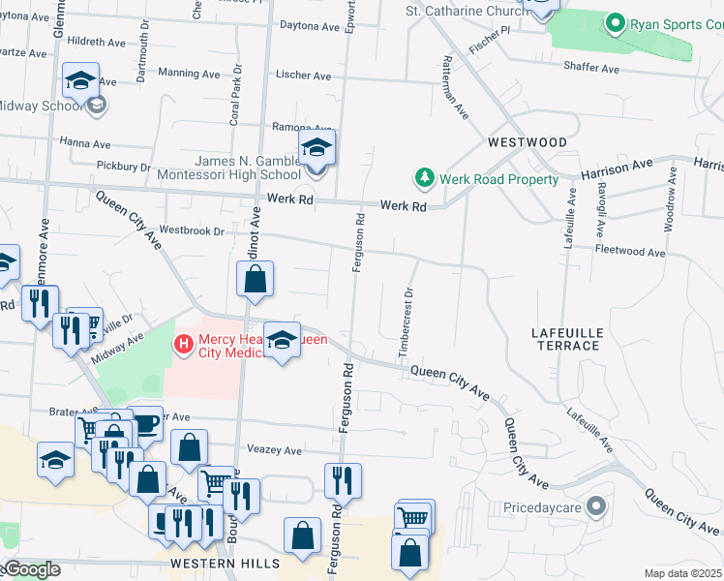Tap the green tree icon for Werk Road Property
424,178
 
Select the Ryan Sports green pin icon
615,24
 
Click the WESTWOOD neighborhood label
528,142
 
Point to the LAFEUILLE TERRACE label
567,339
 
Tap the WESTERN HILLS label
225,563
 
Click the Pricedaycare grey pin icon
596,506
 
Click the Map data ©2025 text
681,573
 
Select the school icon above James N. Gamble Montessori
316,148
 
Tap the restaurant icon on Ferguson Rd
343,480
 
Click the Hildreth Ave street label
97,43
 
